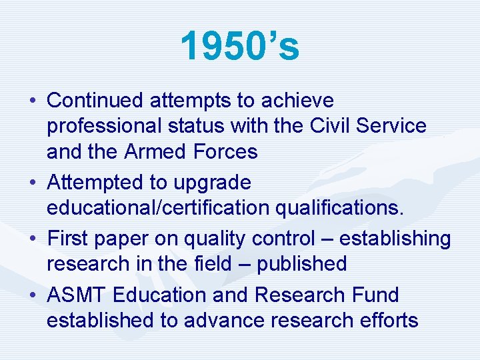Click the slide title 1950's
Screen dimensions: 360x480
(x=240, y=47)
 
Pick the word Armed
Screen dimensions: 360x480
(x=155, y=152)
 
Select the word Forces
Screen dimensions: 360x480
(x=225, y=152)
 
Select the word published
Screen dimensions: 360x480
(x=301, y=264)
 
